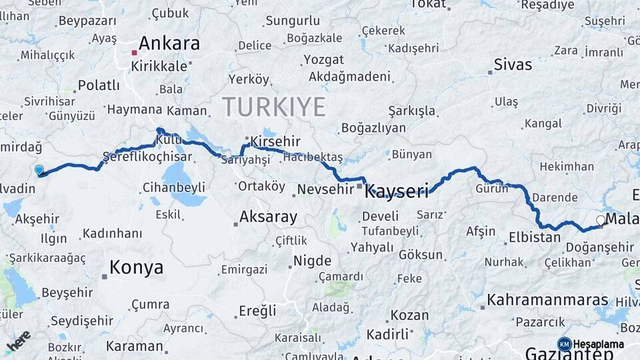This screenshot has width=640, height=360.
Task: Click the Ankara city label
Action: point(169,44)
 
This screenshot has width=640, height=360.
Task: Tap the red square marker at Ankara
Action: point(134,52)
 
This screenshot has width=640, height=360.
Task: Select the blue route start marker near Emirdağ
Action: point(39,170)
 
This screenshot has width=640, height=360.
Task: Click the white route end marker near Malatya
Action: point(601,220)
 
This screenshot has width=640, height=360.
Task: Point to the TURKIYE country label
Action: point(274,107)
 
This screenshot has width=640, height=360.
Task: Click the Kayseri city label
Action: point(397,193)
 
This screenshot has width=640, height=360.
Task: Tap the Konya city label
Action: point(136,267)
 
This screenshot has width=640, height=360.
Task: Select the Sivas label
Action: point(513,65)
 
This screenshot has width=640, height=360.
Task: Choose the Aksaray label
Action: point(268,217)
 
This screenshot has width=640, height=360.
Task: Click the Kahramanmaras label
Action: point(539,300)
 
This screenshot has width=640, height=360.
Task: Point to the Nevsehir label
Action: point(325,189)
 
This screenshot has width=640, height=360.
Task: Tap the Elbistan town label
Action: point(534,237)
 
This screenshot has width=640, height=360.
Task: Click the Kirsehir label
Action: point(275,141)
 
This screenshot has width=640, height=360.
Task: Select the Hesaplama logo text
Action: point(599,345)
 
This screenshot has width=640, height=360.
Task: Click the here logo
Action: point(19,341)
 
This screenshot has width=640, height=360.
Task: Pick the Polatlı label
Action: point(99,85)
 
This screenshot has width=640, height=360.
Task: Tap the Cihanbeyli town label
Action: point(174,187)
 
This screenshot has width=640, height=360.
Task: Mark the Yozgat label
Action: point(323,60)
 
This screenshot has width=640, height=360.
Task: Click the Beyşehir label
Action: point(67,292)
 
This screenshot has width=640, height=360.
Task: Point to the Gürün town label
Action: point(492,189)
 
